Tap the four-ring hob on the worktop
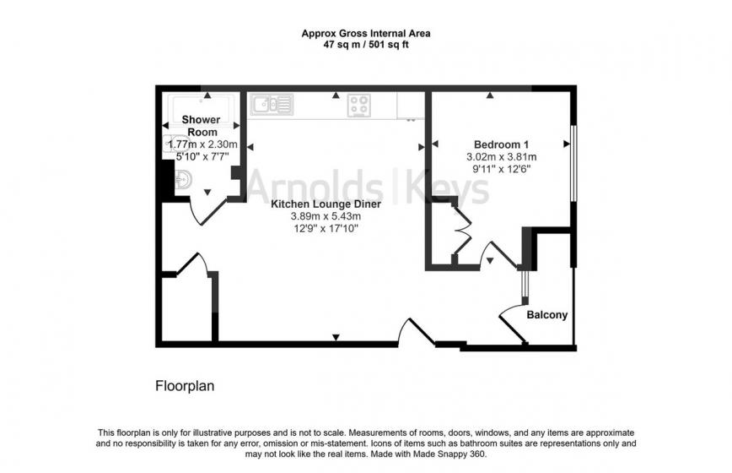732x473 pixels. [x=359, y=106]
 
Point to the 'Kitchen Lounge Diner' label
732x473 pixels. [x=325, y=204]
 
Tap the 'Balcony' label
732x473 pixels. [x=547, y=315]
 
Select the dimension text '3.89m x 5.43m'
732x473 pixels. [x=325, y=215]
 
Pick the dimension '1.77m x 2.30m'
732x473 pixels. [x=203, y=145]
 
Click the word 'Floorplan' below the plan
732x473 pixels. [x=185, y=386]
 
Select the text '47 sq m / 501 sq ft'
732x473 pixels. [x=365, y=46]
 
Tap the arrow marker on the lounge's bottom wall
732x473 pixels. [x=336, y=338]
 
